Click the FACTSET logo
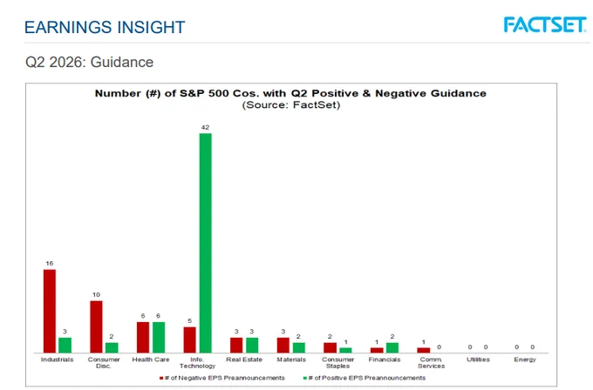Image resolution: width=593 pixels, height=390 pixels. click(x=545, y=25)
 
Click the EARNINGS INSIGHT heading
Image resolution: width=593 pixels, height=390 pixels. click(x=105, y=27)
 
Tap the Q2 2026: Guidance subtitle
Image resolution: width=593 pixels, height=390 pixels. click(x=89, y=63)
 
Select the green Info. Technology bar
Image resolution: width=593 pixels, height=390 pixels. click(x=205, y=243)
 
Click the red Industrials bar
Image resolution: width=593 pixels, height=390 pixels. click(x=50, y=311)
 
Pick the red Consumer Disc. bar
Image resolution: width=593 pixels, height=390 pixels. click(x=96, y=327)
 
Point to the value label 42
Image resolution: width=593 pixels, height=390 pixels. click(x=205, y=128)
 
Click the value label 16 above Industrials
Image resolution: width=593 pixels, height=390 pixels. click(x=50, y=264)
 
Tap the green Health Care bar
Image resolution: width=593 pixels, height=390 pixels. click(x=159, y=338)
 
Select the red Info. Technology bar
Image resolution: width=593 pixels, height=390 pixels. click(x=190, y=340)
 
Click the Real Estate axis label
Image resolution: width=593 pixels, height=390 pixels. click(x=244, y=360)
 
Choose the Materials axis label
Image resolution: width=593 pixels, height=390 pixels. click(x=291, y=360)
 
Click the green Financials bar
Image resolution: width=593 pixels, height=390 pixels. click(x=392, y=347)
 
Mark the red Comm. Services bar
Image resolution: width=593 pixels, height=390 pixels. click(x=424, y=350)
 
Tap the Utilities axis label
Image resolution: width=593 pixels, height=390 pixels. click(x=478, y=360)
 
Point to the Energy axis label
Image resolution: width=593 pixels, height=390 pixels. click(x=525, y=360)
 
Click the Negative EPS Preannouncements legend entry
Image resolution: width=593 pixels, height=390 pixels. click(x=222, y=378)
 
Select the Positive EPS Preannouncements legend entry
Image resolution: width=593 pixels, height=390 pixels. click(x=365, y=378)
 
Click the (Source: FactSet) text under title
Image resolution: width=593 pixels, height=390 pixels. click(x=291, y=105)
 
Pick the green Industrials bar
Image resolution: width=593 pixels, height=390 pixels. click(x=65, y=345)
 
